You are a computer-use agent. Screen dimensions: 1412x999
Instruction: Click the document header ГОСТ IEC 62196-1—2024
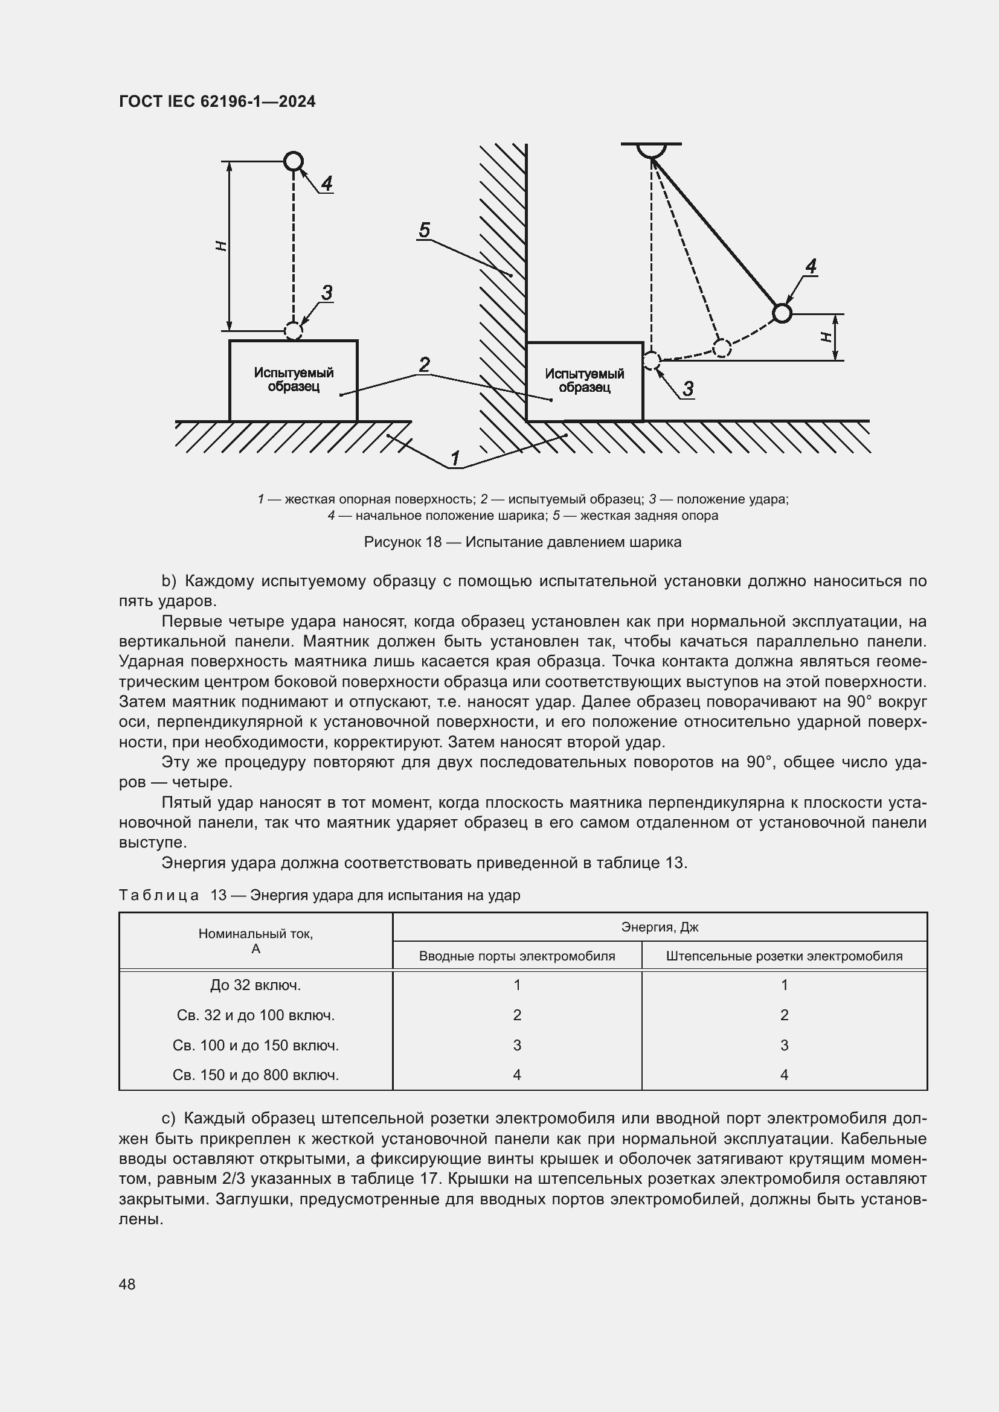(x=217, y=101)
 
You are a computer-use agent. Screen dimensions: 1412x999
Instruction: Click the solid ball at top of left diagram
(x=294, y=161)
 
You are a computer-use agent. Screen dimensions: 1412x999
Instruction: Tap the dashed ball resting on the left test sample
(x=294, y=331)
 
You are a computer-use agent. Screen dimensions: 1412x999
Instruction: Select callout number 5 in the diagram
(x=424, y=231)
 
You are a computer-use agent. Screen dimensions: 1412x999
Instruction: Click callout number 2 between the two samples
(x=424, y=365)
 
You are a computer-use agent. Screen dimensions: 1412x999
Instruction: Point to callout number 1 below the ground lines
(x=455, y=459)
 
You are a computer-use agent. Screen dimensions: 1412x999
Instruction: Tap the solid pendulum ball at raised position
(x=781, y=313)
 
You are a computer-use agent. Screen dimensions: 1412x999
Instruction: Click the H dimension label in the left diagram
(x=222, y=246)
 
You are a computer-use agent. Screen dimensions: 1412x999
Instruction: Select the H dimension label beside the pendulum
(x=826, y=337)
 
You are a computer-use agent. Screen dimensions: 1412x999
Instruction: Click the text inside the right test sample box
(x=585, y=381)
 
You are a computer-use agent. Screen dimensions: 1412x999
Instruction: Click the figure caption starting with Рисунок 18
(x=522, y=541)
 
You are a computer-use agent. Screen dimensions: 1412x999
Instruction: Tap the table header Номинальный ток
(x=255, y=941)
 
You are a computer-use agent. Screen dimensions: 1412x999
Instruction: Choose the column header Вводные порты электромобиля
(x=517, y=956)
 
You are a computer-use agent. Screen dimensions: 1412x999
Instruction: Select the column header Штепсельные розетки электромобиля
(x=784, y=956)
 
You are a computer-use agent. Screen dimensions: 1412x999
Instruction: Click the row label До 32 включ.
(x=255, y=985)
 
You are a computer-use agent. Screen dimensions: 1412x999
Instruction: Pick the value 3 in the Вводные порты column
(x=517, y=1045)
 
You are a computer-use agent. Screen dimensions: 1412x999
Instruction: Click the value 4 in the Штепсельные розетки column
(x=784, y=1075)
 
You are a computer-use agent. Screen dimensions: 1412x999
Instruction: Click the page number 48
(x=127, y=1284)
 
